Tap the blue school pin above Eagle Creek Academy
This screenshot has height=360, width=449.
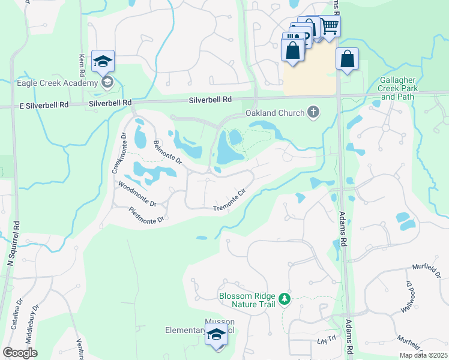[103, 61]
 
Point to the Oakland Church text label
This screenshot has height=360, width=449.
[275, 113]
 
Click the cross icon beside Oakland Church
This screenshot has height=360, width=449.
[313, 112]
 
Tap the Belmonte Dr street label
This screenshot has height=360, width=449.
[167, 152]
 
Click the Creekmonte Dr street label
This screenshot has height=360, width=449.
[118, 154]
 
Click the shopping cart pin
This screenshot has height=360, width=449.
[330, 26]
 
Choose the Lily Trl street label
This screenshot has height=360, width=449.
[317, 341]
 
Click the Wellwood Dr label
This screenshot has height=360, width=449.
[410, 296]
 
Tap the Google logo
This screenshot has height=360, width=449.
[20, 352]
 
